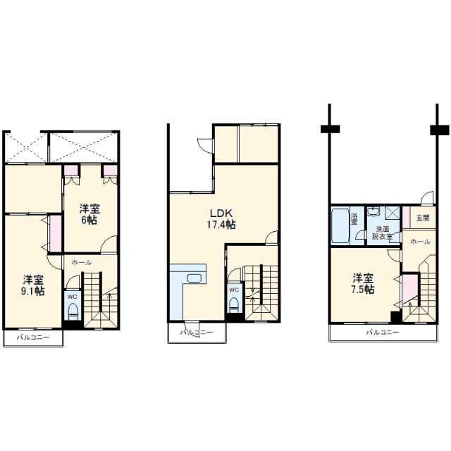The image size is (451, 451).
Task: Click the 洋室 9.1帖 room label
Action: [33, 285]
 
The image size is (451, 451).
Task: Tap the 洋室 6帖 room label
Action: [89, 214]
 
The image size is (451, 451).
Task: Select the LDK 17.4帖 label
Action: [221, 218]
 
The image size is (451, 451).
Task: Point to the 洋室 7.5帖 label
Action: [364, 283]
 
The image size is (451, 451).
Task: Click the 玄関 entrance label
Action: [423, 218]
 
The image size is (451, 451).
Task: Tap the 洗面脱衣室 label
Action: [383, 233]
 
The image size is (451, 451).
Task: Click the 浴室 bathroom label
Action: [354, 218]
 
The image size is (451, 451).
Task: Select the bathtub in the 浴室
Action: [340, 225]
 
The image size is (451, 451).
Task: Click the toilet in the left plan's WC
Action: [73, 311]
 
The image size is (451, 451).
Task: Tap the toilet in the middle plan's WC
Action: [234, 305]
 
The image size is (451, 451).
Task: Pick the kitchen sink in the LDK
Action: [194, 278]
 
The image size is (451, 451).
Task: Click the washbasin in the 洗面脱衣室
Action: [374, 211]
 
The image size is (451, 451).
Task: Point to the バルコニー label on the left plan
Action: [33, 337]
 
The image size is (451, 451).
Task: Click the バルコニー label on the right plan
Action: [383, 333]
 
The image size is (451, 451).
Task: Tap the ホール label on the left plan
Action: [82, 262]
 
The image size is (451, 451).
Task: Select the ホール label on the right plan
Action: [420, 242]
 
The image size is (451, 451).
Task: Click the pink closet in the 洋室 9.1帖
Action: [55, 233]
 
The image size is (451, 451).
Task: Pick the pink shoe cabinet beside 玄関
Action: [406, 218]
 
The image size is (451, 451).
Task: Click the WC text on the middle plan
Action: [234, 290]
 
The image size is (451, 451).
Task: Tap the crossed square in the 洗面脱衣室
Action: [392, 214]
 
